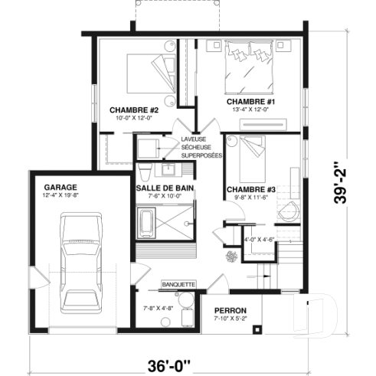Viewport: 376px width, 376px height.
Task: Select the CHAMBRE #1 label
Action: [245, 101]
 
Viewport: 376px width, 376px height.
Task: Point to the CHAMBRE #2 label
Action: [133, 110]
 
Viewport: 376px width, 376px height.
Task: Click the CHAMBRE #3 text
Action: [246, 189]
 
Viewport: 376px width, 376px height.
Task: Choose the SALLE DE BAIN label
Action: [164, 187]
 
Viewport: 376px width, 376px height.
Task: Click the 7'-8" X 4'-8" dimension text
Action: [159, 309]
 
